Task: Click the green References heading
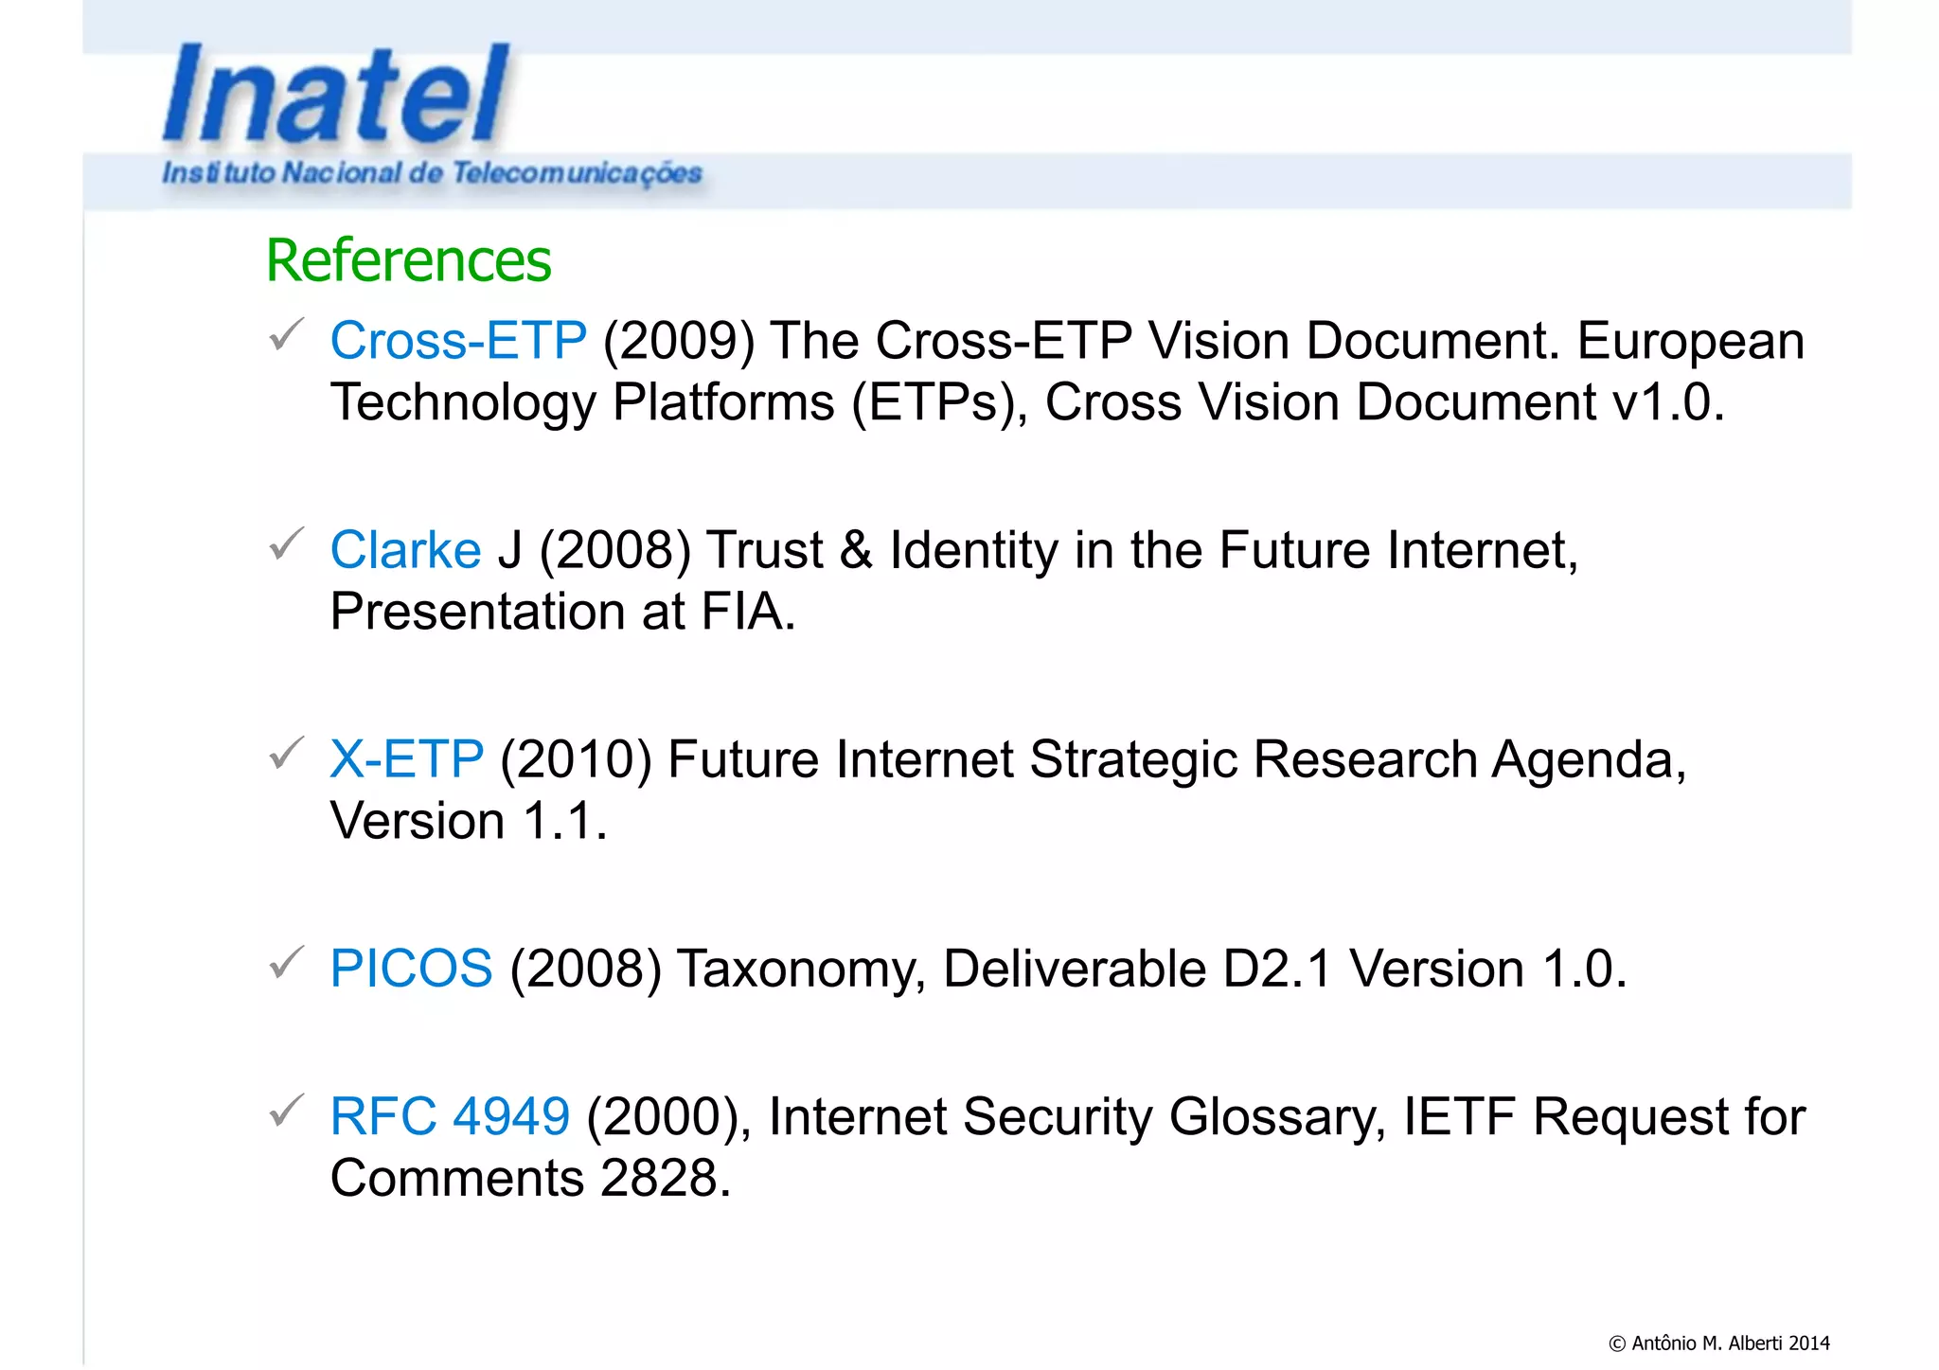[x=408, y=260]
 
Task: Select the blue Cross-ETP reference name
[x=458, y=341]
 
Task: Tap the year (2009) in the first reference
[x=679, y=341]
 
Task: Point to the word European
[x=1691, y=341]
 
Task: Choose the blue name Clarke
[x=405, y=550]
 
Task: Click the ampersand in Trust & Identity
[x=856, y=550]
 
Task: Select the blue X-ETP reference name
[x=406, y=759]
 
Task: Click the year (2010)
[x=576, y=759]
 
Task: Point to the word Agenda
[x=1589, y=759]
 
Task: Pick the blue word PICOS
[x=411, y=969]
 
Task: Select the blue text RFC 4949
[x=450, y=1116]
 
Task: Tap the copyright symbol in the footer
[x=1617, y=1343]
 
